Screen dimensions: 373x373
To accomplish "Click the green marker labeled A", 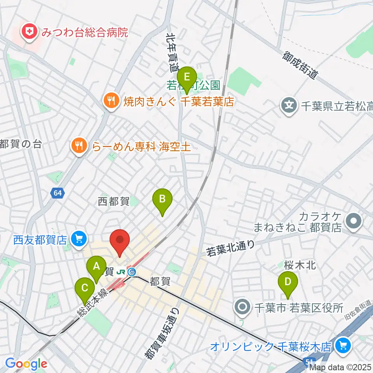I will (x=96, y=267).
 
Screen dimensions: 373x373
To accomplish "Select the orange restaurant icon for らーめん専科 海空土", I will (x=79, y=146).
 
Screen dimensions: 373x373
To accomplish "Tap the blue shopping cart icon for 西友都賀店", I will (x=79, y=238).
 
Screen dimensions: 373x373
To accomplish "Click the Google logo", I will (x=26, y=364).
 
